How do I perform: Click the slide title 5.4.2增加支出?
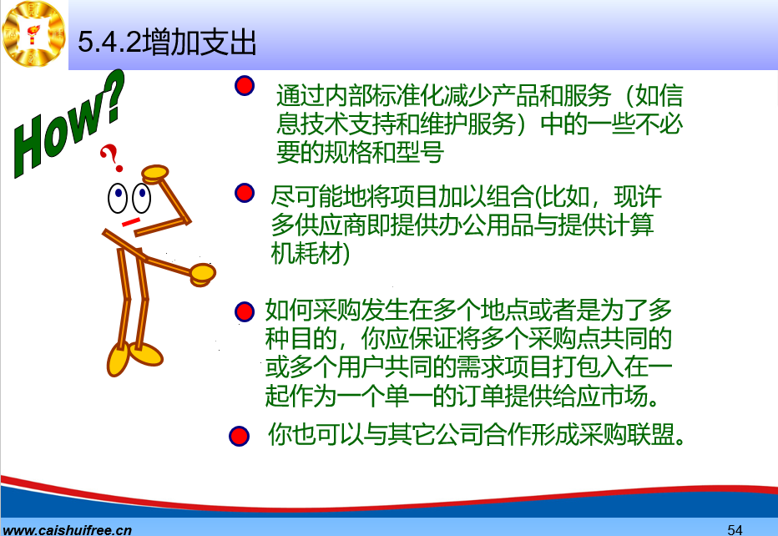167,42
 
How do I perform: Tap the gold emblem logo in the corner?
33,33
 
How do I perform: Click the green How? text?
67,124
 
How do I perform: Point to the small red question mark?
112,158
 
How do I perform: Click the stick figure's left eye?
118,198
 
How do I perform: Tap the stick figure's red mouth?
131,222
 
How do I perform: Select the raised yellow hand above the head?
155,174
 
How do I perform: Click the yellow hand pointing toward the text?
203,275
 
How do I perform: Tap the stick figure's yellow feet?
134,357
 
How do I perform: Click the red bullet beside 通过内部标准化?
245,86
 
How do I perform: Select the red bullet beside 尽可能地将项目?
245,193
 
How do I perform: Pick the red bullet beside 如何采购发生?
244,311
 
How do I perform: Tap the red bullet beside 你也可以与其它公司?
239,437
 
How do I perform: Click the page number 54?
735,529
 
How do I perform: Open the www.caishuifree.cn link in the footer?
67,529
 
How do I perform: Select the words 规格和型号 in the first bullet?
383,152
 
